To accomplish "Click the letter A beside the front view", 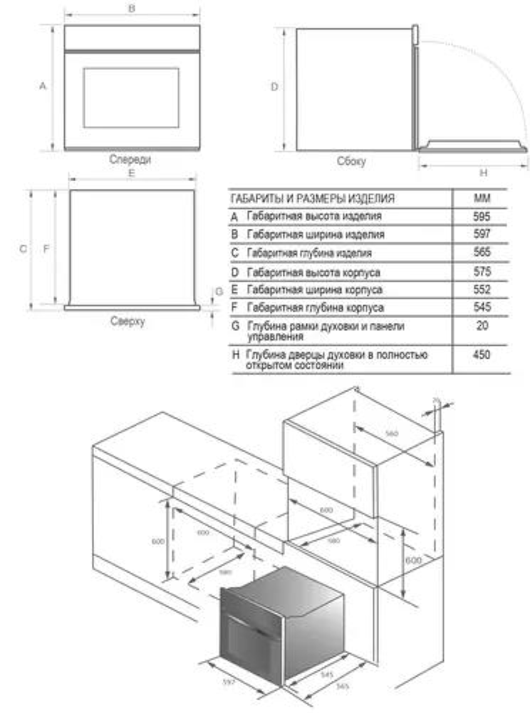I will [x=43, y=86].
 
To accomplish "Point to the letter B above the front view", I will [x=132, y=8].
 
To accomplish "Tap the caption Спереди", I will [x=130, y=160].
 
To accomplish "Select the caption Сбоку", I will [x=351, y=162].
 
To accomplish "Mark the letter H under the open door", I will [x=482, y=173].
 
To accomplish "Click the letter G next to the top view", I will [x=219, y=291].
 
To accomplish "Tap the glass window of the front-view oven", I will [x=130, y=98].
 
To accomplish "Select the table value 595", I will [x=482, y=215].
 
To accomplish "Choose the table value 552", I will [x=482, y=290].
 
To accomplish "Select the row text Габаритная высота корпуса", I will [x=313, y=272].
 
